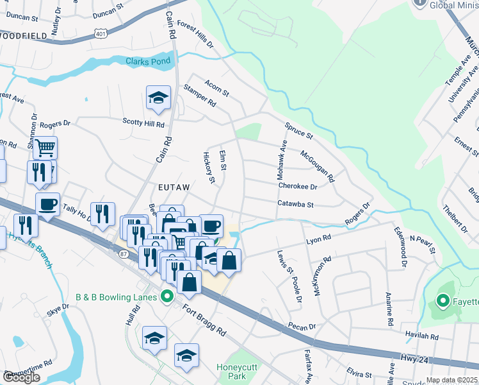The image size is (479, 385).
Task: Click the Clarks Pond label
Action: (x=148, y=62)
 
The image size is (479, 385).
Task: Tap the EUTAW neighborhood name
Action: (x=174, y=186)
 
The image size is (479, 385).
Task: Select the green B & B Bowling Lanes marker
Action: (x=167, y=296)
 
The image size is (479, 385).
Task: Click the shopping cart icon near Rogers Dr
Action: (x=45, y=148)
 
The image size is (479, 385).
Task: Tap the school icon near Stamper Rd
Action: (x=158, y=98)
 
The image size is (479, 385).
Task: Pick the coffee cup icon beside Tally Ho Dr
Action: (x=47, y=205)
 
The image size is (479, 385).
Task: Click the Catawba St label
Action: (x=295, y=205)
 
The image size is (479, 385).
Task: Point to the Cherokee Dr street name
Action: (x=298, y=186)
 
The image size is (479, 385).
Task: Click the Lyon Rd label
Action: (x=318, y=238)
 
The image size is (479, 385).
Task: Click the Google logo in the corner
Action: (x=21, y=377)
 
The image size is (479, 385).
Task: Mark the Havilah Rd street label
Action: (x=421, y=336)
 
